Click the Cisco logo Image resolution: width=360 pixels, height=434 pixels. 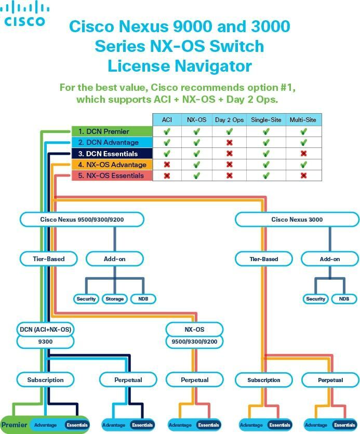(25, 14)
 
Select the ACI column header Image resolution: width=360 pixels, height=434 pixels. (167, 120)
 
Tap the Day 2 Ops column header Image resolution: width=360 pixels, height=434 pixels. (229, 120)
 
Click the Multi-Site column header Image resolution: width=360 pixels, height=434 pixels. (303, 120)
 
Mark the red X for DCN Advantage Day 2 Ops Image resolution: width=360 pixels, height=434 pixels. (229, 143)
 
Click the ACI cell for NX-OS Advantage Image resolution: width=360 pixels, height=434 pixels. (167, 165)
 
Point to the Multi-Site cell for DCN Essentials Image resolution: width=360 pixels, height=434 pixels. (303, 154)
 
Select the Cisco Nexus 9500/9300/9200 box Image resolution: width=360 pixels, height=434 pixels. (82, 220)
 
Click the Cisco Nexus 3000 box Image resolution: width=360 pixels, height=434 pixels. (297, 220)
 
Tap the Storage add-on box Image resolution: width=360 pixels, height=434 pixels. (114, 299)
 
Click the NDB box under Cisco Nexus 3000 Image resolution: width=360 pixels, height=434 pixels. (344, 299)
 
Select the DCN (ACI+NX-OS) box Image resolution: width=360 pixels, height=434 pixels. (45, 330)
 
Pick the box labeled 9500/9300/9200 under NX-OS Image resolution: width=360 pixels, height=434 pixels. (195, 342)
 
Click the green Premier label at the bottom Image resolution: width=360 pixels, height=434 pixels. (15, 425)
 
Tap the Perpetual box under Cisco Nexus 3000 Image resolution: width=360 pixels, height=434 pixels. (330, 380)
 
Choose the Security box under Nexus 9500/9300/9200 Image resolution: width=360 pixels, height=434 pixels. (86, 299)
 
